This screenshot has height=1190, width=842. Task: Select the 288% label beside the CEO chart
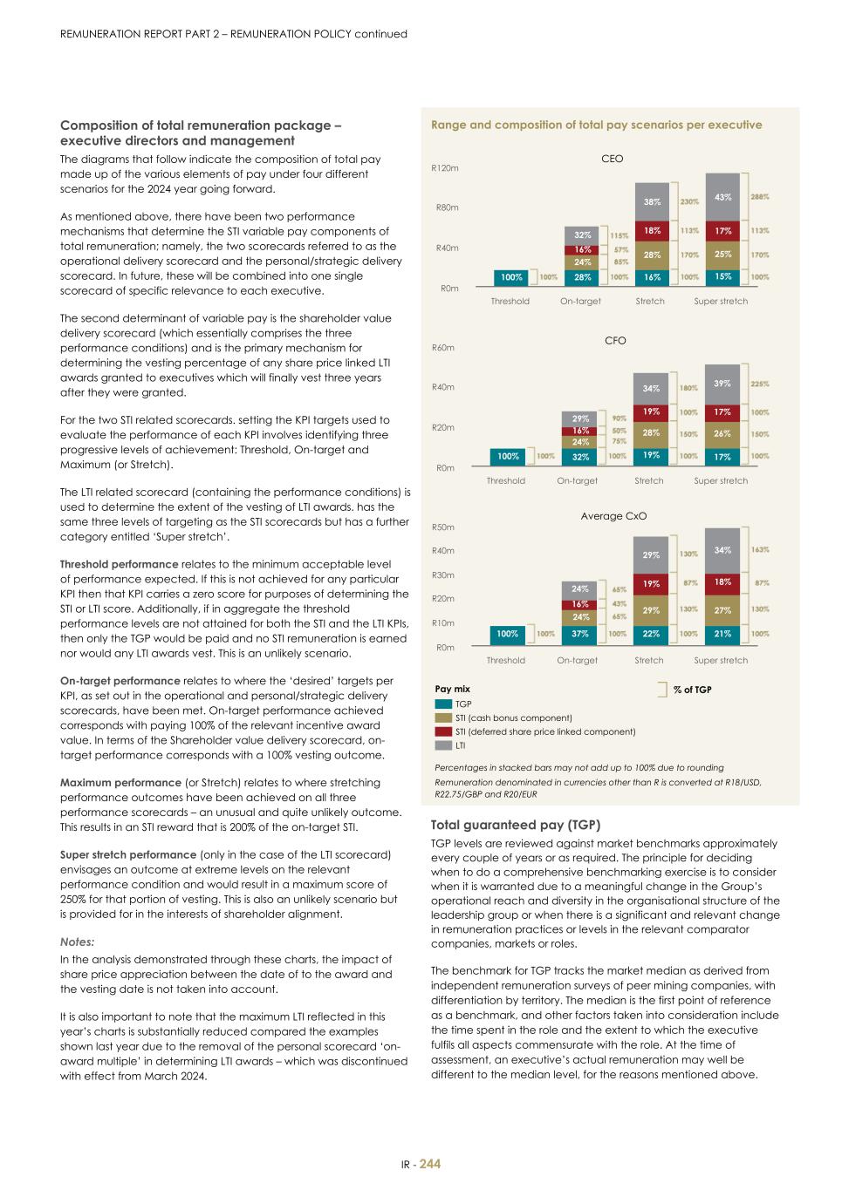(x=760, y=197)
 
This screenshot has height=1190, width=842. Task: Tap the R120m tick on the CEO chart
(x=445, y=167)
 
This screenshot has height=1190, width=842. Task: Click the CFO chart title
(x=615, y=341)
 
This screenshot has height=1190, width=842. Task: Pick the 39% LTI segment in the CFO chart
(x=722, y=384)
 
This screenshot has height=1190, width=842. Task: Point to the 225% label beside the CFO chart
(x=760, y=384)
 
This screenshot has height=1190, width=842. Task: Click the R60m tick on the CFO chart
(x=443, y=348)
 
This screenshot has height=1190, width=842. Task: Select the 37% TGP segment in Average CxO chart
(x=579, y=634)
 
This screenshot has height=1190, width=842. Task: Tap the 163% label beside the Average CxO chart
(x=760, y=550)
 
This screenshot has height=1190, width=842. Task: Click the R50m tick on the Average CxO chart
(x=443, y=527)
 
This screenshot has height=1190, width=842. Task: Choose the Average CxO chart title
(x=613, y=516)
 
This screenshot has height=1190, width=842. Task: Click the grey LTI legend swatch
(x=442, y=745)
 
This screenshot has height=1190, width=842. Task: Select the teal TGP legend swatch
(x=442, y=704)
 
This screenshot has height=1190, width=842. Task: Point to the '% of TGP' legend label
(x=692, y=690)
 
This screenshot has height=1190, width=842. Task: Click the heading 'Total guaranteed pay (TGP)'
(x=516, y=825)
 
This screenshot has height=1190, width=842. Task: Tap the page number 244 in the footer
(x=430, y=1164)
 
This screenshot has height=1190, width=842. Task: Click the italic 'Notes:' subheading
(x=77, y=942)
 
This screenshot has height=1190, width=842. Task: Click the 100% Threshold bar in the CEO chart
(x=511, y=277)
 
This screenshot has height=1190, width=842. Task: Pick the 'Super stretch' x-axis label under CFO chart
(x=721, y=481)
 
